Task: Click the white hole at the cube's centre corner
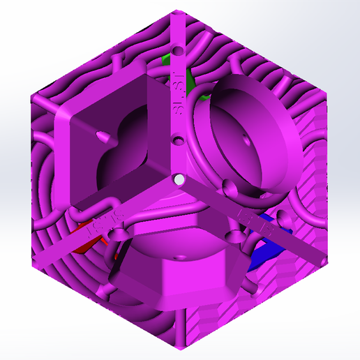pyautogui.click(x=180, y=180)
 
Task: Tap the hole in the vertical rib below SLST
pyautogui.click(x=179, y=142)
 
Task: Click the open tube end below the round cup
pyautogui.click(x=228, y=187)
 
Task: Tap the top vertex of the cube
pyautogui.click(x=179, y=10)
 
